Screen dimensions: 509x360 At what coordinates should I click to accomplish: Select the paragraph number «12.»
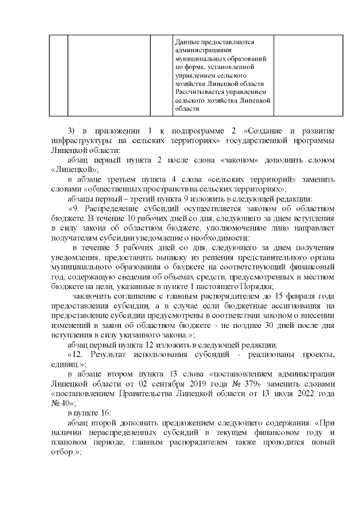tap(77, 353)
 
